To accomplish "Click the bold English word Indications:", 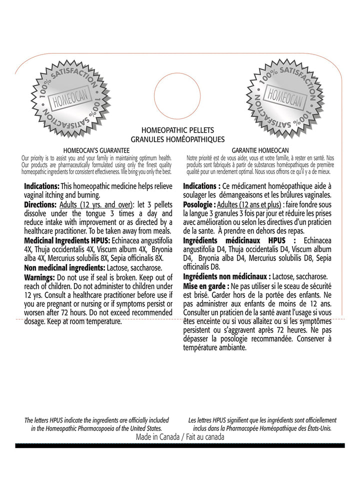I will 41,186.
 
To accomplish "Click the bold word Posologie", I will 199,205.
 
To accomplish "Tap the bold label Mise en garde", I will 204,285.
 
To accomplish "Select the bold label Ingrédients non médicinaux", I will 226,276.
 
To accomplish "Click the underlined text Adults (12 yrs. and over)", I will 96,205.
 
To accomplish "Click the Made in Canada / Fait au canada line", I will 180,436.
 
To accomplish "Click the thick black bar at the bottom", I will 180,445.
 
